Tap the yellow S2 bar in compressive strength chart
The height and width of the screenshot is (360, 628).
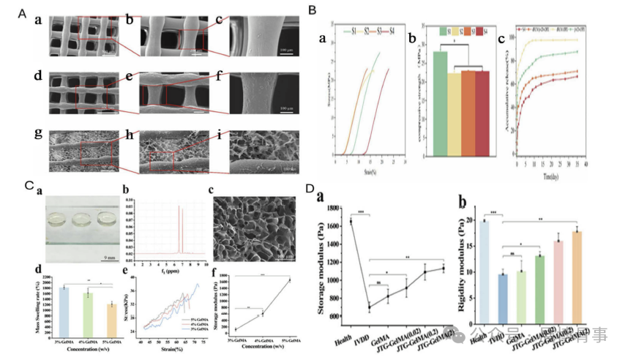pos(455,113)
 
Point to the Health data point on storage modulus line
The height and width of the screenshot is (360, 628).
pos(351,221)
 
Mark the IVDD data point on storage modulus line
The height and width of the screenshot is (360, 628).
pos(370,307)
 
